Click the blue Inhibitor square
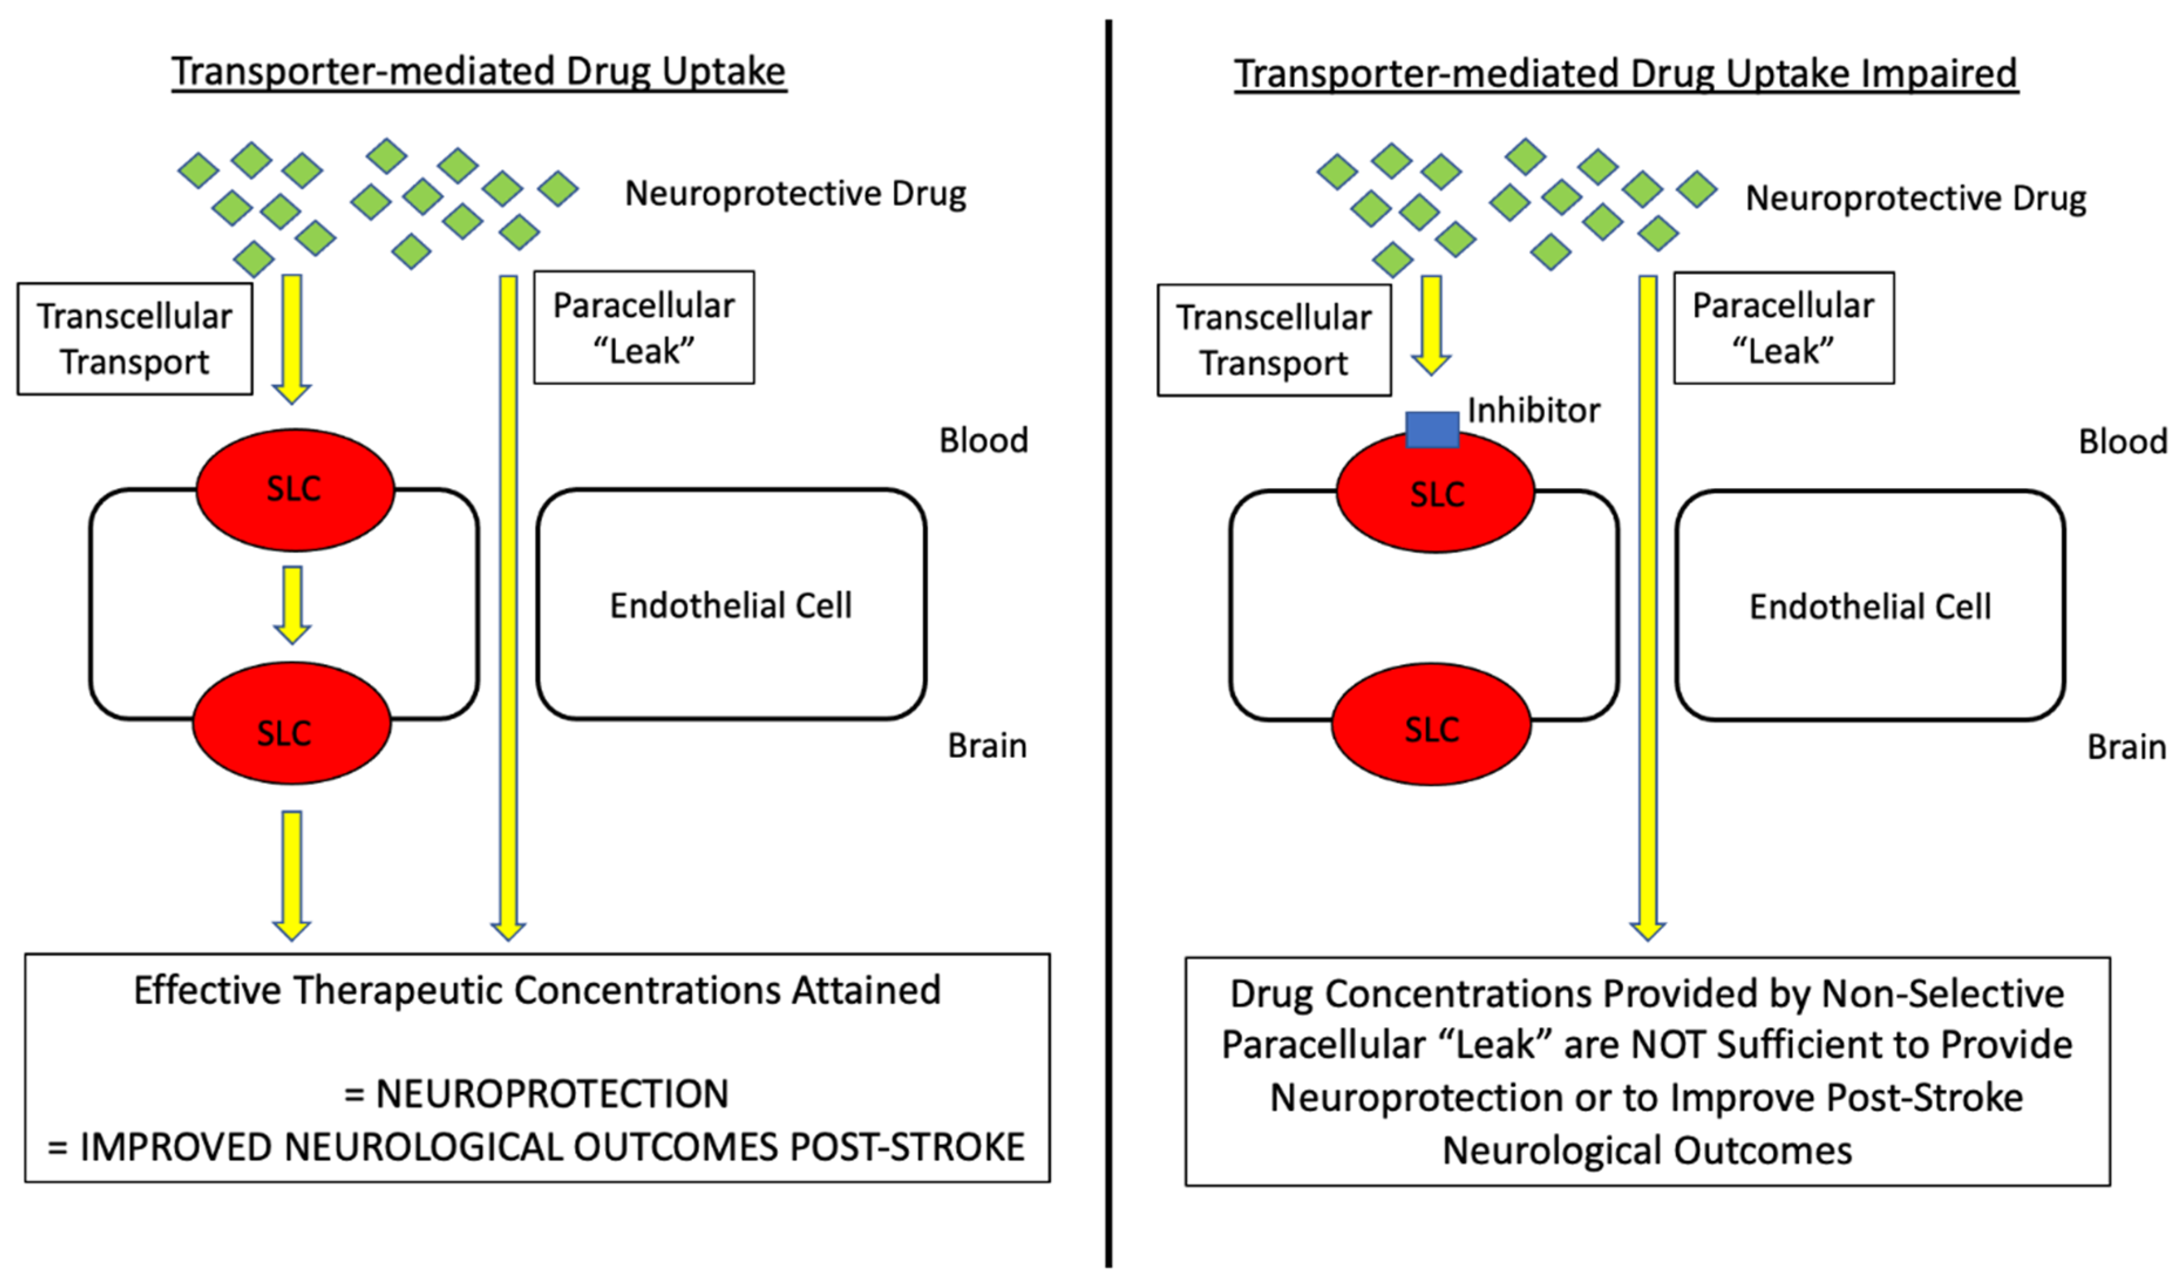[x=1432, y=430]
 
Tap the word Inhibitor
[x=1533, y=410]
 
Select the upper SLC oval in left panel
[x=295, y=489]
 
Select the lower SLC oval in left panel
[x=291, y=723]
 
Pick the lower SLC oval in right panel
[x=1432, y=725]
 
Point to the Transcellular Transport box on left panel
[x=134, y=339]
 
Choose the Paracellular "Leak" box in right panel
[x=1783, y=328]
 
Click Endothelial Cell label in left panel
[x=730, y=605]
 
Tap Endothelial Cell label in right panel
[x=1870, y=607]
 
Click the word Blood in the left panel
[x=984, y=440]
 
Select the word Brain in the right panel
[x=2126, y=747]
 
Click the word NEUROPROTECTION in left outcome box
[x=552, y=1094]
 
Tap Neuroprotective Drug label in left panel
[x=794, y=193]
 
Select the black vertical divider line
[x=1109, y=641]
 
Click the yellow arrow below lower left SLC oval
[x=292, y=875]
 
